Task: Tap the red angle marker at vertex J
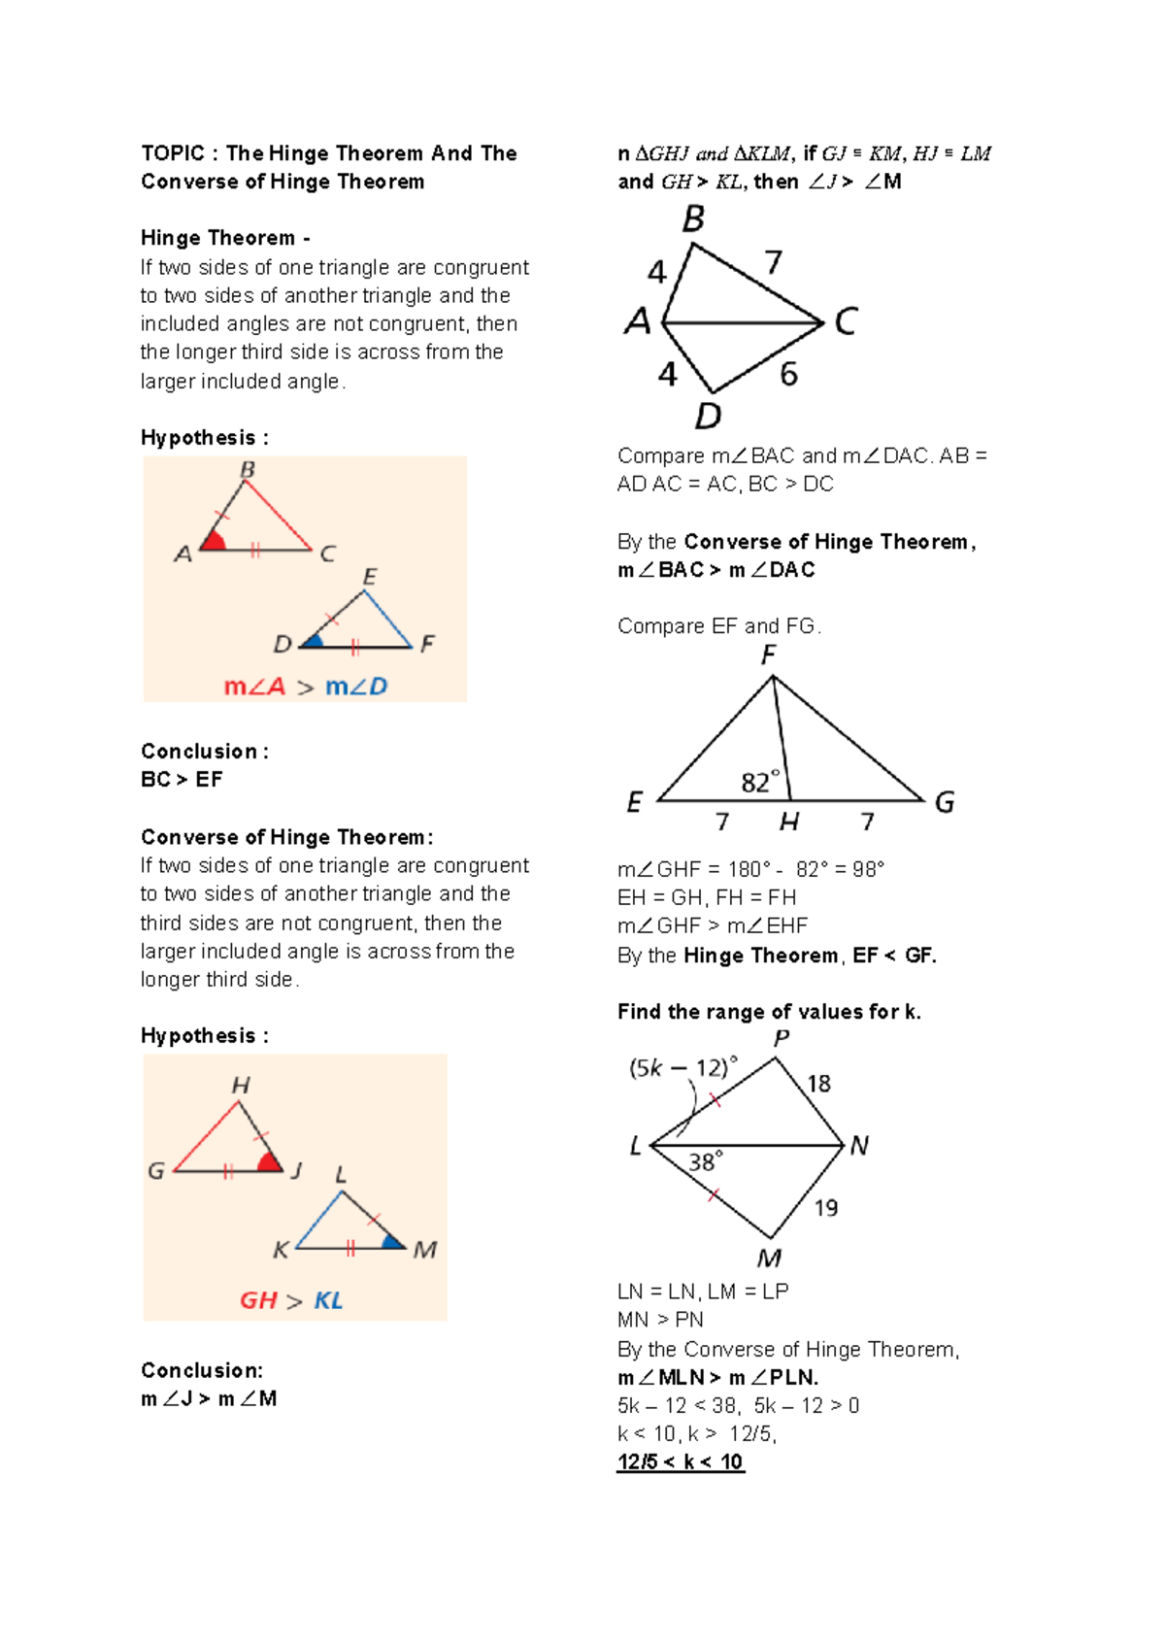coord(269,1162)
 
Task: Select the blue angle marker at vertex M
coord(392,1241)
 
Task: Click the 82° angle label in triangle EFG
coord(760,782)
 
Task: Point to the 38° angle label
coord(706,1161)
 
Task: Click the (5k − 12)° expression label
coord(682,1068)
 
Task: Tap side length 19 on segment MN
coord(825,1207)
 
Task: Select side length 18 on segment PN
coord(818,1083)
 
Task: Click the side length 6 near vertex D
coord(788,374)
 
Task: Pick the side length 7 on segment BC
coord(773,262)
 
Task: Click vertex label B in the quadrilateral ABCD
coord(693,219)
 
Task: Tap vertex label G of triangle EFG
coord(944,802)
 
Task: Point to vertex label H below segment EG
coord(788,822)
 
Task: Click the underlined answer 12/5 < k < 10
coord(680,1461)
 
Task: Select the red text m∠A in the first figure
coord(254,687)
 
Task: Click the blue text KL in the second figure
coord(328,1300)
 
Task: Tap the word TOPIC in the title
coord(173,153)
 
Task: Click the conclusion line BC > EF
coord(182,780)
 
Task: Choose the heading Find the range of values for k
coord(769,1012)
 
